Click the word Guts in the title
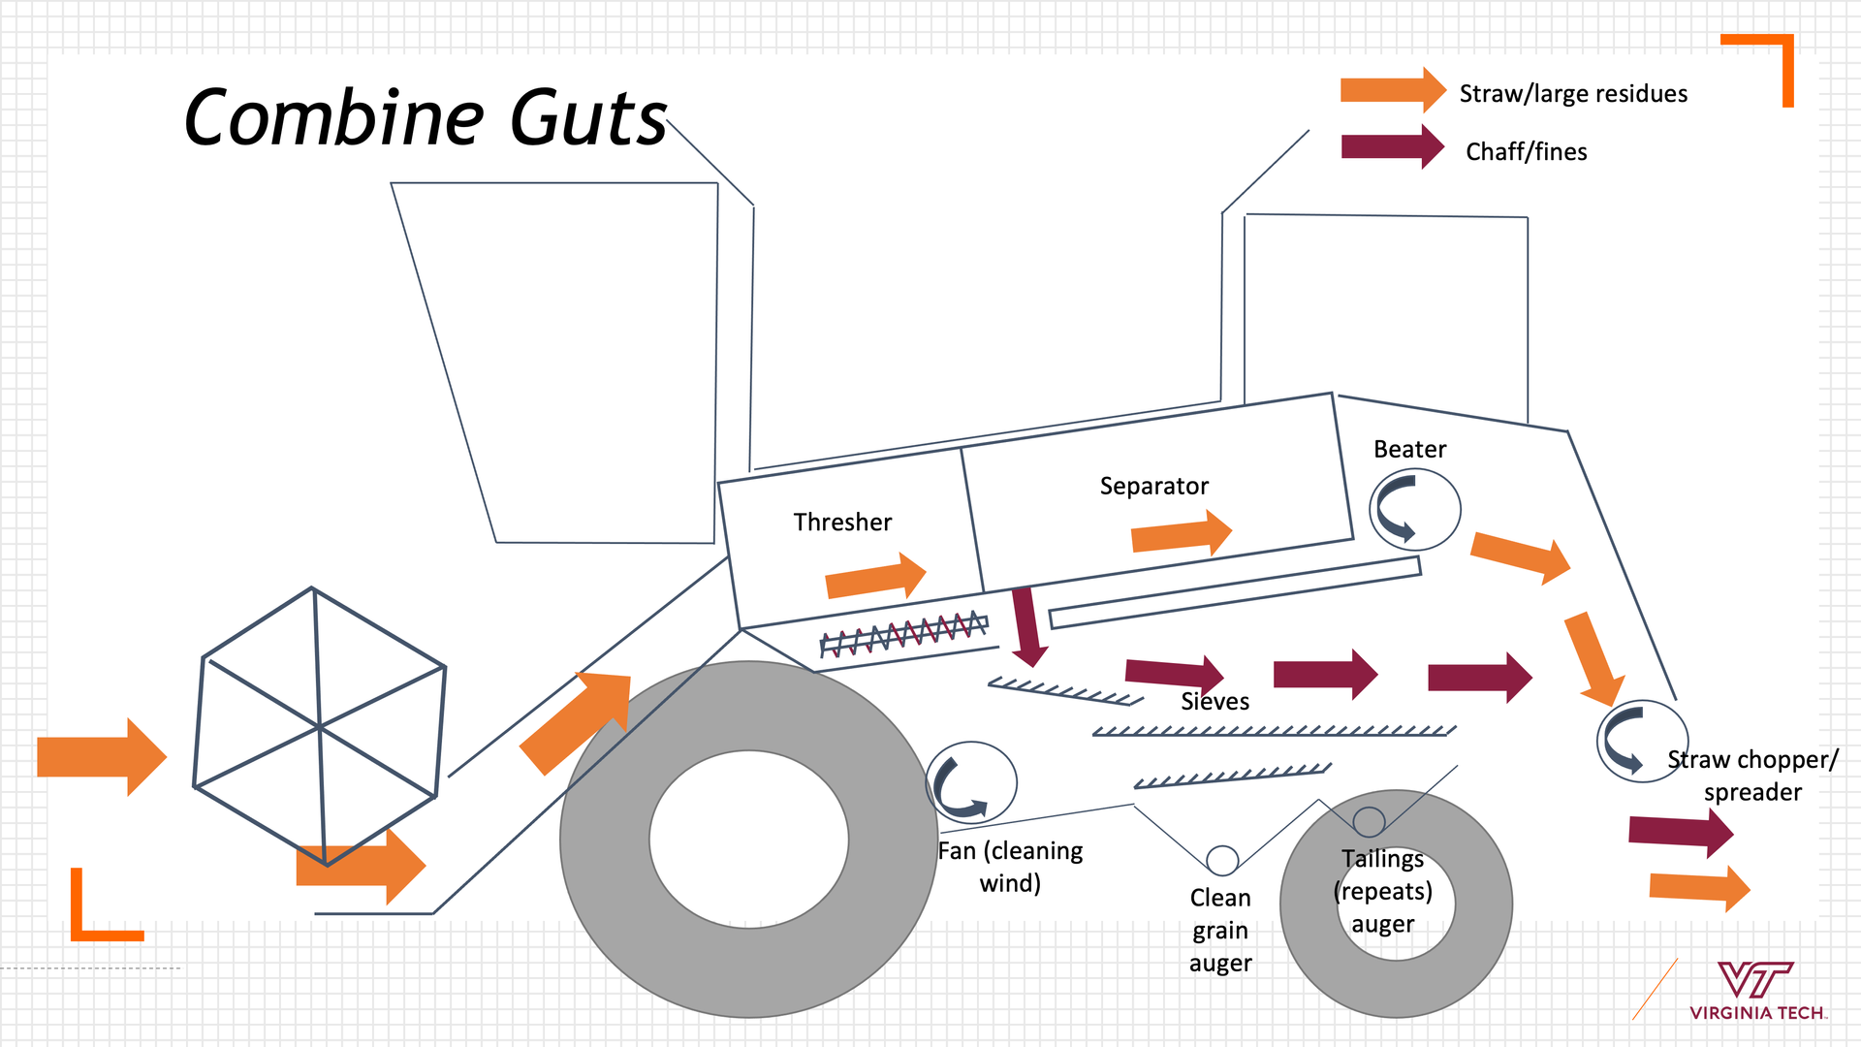point(588,118)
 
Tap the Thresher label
point(842,523)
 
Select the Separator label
point(1153,486)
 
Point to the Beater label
point(1409,450)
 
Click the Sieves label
point(1214,702)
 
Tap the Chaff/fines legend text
point(1526,152)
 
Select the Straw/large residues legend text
point(1573,94)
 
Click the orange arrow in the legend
point(1392,91)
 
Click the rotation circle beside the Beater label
point(1414,509)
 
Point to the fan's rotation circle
point(971,782)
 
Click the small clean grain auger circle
point(1222,860)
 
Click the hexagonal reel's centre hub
point(319,725)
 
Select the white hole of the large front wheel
point(748,840)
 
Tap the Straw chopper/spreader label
point(1751,776)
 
